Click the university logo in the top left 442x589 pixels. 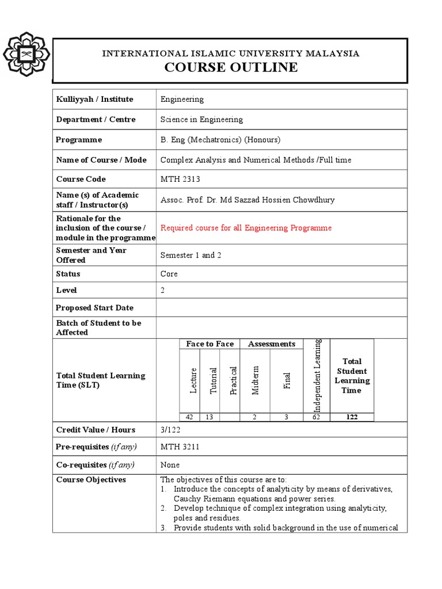[26, 54]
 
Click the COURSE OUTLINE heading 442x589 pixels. [231, 67]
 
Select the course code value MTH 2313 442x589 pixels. [180, 179]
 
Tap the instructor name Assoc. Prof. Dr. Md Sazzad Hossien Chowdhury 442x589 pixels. [247, 200]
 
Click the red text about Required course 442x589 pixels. [246, 228]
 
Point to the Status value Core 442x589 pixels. [169, 274]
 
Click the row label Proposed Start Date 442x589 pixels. [94, 308]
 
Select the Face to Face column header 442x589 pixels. [209, 344]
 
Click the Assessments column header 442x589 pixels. [271, 344]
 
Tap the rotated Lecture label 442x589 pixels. [194, 380]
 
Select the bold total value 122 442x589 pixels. [352, 417]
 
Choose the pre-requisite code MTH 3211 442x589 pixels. [180, 447]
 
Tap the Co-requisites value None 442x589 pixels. [170, 465]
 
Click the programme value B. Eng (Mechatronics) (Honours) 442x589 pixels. [220, 140]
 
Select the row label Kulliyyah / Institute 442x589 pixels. [94, 99]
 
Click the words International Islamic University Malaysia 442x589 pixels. [231, 53]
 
